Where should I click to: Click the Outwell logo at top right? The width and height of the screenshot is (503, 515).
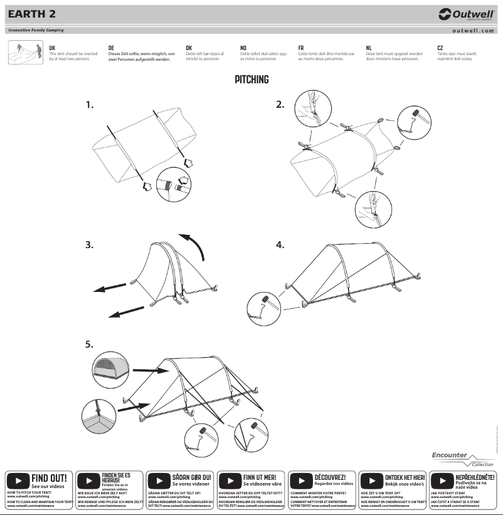coord(467,14)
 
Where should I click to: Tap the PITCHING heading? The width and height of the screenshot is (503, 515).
coord(251,80)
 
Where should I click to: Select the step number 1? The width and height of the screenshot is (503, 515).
coord(90,105)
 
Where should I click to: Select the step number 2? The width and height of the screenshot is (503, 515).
coord(281,105)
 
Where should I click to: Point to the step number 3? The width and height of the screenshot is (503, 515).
coord(90,245)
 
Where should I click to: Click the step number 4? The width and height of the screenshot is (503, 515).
coord(280,245)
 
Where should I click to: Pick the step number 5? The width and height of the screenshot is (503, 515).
coord(90,345)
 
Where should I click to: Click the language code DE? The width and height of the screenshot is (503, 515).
coord(111,48)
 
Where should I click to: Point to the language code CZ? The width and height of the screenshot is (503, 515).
coord(440,48)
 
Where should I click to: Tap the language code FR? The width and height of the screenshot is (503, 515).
coord(301,48)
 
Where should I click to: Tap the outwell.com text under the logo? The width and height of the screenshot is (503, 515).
coord(474,30)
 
